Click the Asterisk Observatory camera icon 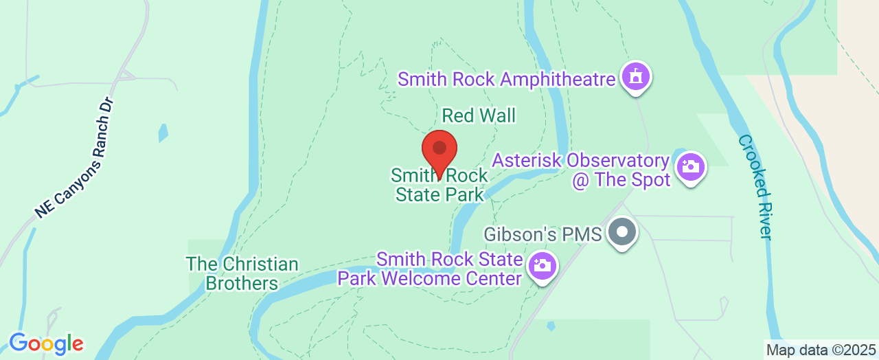coord(690,167)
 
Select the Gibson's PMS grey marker coord(622,232)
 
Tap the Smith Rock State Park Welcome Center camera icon coord(542,265)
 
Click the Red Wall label coord(479,115)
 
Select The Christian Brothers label coord(242,273)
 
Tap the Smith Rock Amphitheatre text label coord(506,80)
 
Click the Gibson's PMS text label coord(543,234)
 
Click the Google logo coord(46,344)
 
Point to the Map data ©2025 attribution coord(821,350)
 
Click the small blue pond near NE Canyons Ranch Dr coord(163,133)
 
